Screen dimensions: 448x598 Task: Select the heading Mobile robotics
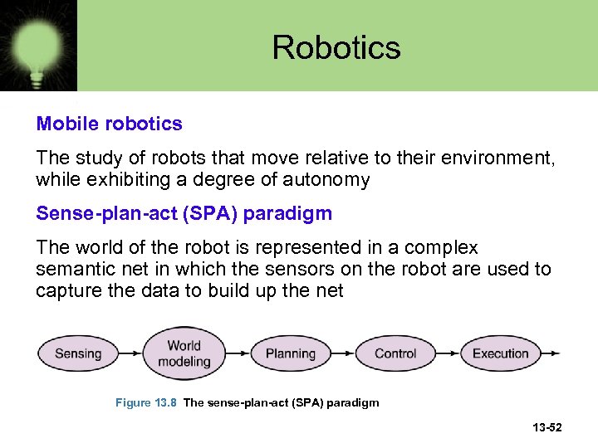pos(109,124)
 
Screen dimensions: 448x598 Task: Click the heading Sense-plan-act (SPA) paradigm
pos(184,213)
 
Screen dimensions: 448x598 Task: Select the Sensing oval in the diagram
pos(78,353)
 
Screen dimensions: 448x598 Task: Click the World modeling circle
pos(184,353)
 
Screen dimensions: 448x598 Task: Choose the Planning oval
pos(290,353)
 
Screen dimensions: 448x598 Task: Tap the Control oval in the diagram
pos(395,353)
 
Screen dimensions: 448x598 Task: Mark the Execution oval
pos(500,353)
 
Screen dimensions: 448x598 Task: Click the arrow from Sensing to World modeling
pos(130,353)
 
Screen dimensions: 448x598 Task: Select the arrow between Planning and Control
pos(343,353)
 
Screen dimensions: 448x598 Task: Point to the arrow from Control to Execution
pos(448,353)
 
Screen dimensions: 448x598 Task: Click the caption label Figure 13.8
pos(145,402)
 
